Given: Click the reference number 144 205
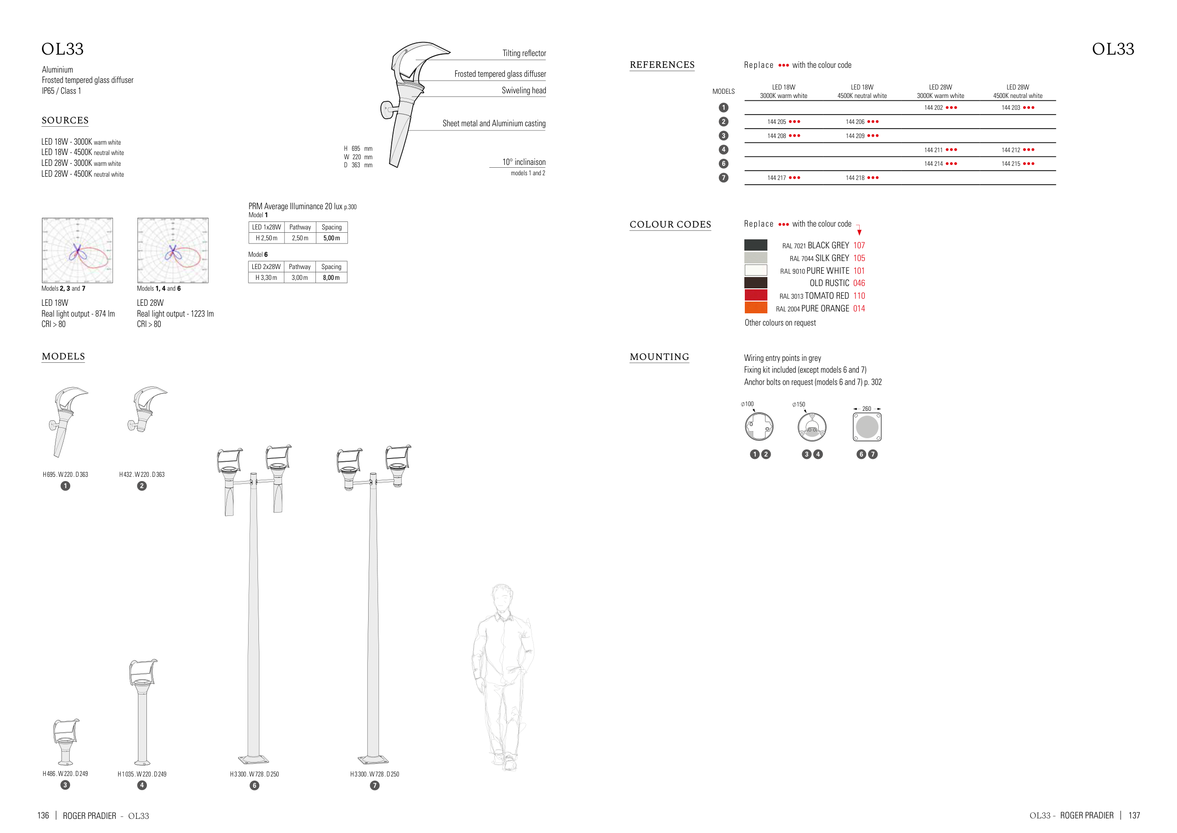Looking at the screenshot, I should (x=777, y=122).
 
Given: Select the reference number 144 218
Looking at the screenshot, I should (x=855, y=178).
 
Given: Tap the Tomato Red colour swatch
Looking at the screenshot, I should (x=756, y=295).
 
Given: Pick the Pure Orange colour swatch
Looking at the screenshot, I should (x=756, y=308).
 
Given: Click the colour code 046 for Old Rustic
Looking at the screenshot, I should (x=859, y=283).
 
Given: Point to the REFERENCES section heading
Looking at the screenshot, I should (x=662, y=65).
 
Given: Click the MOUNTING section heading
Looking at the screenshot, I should (x=659, y=357).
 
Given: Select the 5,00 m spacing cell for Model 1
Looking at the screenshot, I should (x=331, y=238).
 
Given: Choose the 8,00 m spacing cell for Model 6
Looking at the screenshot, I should (x=331, y=278).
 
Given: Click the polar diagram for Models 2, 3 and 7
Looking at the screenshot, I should (x=77, y=250).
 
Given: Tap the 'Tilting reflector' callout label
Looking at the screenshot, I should (x=524, y=53).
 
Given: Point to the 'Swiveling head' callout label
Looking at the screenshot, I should (x=524, y=91).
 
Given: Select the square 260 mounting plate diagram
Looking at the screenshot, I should (x=867, y=427).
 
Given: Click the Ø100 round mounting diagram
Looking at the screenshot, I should (x=758, y=427).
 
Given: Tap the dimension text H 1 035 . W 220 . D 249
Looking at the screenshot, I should (x=142, y=774).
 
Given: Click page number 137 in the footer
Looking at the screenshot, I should (x=1134, y=816).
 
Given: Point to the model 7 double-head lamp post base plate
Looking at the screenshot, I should (x=374, y=759).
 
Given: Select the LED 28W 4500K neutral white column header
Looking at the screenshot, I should (x=1017, y=91).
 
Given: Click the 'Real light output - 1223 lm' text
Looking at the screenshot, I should (x=175, y=314).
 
